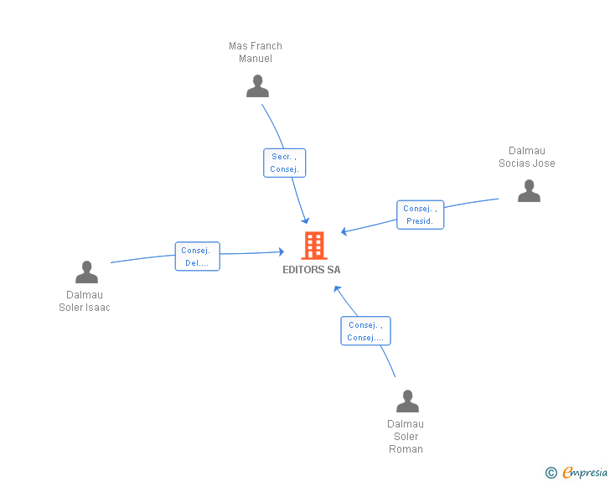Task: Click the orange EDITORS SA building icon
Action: point(314,246)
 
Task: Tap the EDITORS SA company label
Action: point(312,270)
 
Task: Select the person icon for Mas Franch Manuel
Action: point(257,86)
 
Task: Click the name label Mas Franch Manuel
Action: point(256,52)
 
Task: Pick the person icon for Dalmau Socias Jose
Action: point(529,191)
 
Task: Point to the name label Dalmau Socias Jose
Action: point(526,157)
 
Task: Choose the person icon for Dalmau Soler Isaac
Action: point(86,272)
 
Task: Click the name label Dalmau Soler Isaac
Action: point(85,301)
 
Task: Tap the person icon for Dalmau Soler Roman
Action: point(407,401)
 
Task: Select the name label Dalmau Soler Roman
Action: point(406,436)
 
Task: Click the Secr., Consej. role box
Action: point(284,163)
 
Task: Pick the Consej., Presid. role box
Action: point(420,215)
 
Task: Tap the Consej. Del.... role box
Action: point(197,257)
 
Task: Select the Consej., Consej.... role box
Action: point(365,331)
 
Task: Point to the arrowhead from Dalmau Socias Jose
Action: point(344,232)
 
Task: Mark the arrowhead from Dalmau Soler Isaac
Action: point(281,251)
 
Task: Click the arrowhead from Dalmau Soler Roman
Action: point(336,288)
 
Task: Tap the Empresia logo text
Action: point(585,473)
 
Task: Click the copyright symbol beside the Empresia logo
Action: point(551,473)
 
